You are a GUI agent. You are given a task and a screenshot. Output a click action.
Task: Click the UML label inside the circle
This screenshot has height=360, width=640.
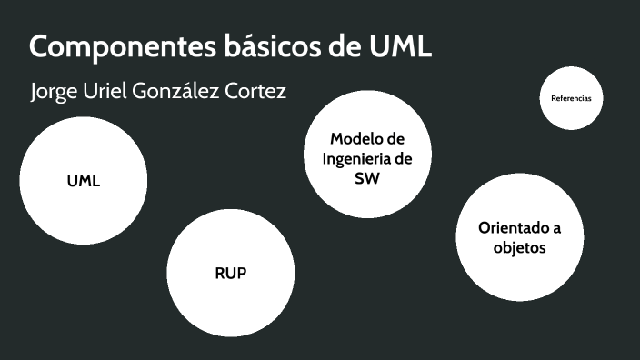84,181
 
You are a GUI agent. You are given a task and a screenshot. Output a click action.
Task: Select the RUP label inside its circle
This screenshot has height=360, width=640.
231,273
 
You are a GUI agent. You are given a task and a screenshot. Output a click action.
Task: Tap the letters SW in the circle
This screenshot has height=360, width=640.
366,179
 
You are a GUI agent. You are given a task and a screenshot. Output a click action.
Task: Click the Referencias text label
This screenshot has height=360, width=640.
571,97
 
